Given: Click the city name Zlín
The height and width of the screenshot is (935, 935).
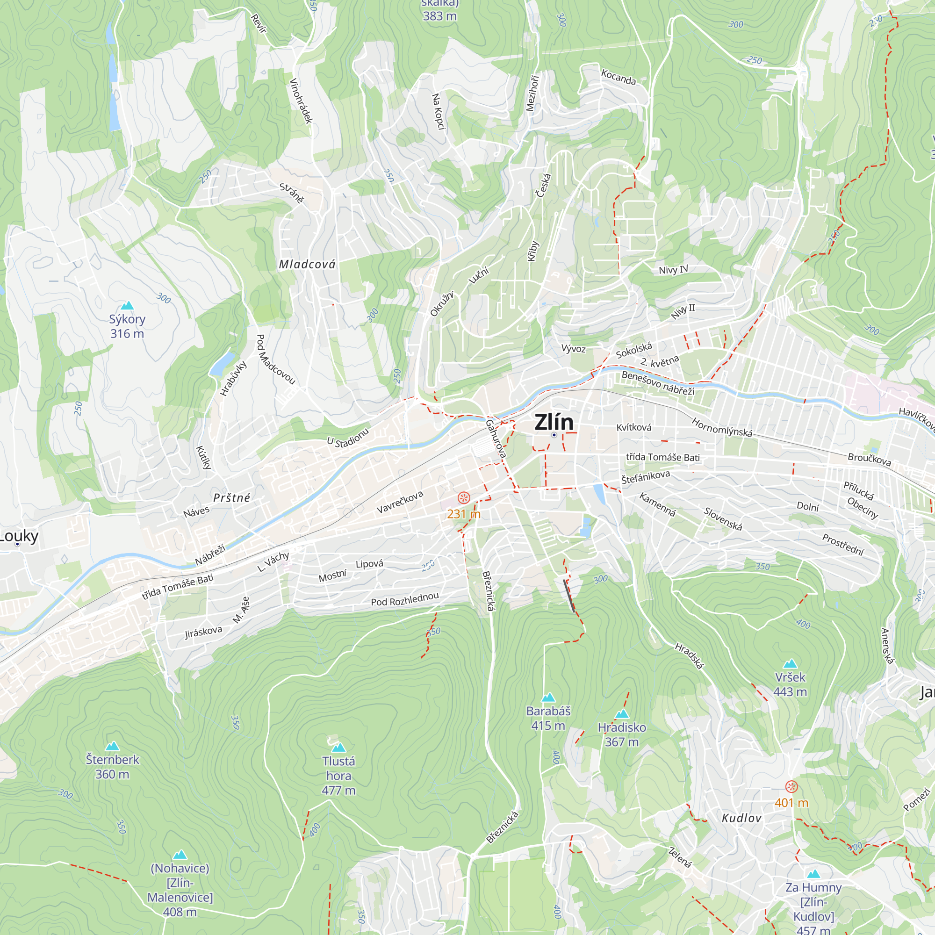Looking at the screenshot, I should (554, 423).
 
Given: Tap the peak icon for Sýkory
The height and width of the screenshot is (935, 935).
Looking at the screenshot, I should (127, 305).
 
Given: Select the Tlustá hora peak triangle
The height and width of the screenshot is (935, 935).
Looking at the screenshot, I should (338, 747).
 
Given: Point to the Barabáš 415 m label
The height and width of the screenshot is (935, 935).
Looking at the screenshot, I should (548, 718).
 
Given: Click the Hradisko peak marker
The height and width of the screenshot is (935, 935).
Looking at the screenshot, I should (621, 714).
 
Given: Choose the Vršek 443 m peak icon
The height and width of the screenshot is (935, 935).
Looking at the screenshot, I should (790, 663).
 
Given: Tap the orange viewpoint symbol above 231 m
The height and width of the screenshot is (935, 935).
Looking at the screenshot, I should (464, 497).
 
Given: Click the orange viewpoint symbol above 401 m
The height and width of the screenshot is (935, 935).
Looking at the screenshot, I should (791, 786).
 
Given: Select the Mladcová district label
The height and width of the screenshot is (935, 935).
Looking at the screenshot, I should (307, 264).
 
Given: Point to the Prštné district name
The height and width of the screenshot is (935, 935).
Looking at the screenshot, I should (232, 497).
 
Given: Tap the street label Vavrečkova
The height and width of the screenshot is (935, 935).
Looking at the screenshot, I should (400, 502).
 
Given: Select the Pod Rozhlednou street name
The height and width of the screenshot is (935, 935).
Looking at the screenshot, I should (404, 599).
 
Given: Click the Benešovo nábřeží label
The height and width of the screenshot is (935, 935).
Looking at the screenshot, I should (658, 383).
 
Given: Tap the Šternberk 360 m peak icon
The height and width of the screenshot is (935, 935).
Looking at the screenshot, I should (112, 746).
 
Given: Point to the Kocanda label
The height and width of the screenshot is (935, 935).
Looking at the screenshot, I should (618, 77).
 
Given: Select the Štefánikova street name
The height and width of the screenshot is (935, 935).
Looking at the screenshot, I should (646, 477).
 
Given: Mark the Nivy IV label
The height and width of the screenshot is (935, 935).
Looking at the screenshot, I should (673, 270).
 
